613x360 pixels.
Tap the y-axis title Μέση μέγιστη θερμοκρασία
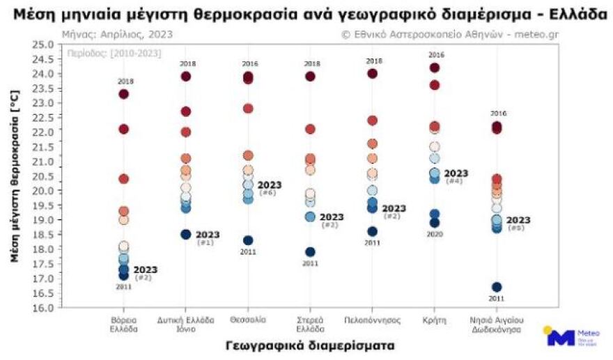[15, 176]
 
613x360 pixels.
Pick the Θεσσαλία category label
[248, 320]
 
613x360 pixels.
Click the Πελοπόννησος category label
[372, 320]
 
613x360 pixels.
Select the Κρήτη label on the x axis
[435, 320]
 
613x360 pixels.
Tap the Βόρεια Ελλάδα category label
[123, 324]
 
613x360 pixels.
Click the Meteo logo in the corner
[564, 337]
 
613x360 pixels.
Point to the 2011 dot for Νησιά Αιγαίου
[497, 287]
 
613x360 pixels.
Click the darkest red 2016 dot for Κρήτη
[435, 68]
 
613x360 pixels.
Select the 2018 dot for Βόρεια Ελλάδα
[124, 94]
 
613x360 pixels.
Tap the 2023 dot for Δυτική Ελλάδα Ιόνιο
[186, 234]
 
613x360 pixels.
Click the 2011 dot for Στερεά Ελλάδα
[310, 251]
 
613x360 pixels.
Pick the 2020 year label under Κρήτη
[435, 235]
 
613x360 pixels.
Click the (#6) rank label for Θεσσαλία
[267, 193]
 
